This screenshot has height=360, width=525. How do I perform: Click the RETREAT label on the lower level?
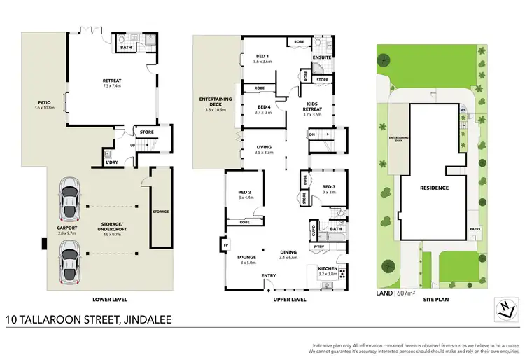pos(112,81)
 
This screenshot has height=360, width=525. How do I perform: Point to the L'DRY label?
pos(111,163)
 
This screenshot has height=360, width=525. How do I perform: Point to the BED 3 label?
pos(329,186)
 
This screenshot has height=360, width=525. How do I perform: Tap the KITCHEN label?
pos(328,268)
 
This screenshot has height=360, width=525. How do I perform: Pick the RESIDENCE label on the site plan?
pos(434,188)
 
